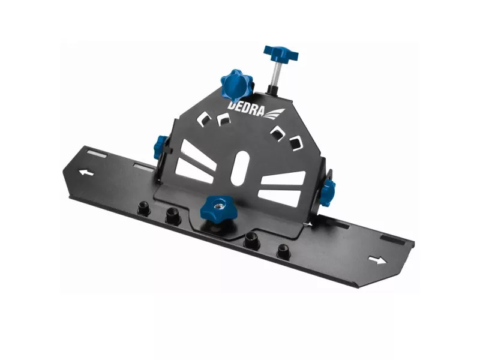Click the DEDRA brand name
[245, 109]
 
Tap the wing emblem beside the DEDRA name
[274, 114]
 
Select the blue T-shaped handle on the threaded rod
[281, 53]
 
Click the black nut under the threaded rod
[272, 89]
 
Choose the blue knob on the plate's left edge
[160, 147]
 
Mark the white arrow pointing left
[86, 173]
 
